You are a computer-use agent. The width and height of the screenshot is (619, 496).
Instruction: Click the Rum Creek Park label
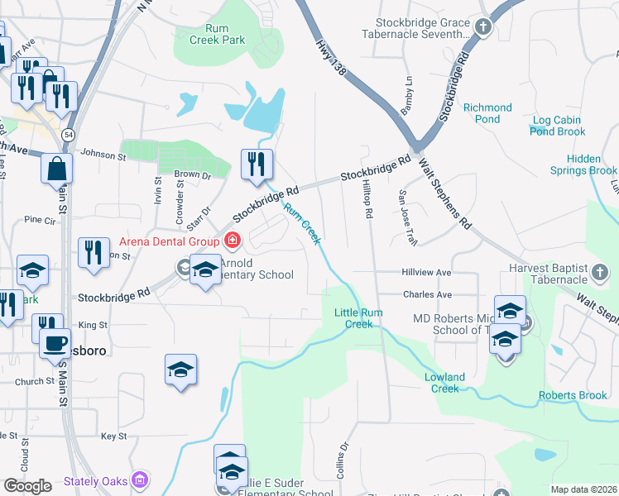217,34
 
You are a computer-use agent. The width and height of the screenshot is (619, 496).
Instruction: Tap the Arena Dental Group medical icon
233,241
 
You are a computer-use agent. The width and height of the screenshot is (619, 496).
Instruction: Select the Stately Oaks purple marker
141,479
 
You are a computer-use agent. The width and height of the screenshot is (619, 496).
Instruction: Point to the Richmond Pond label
487,113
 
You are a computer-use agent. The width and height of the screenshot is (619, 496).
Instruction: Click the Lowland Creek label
445,383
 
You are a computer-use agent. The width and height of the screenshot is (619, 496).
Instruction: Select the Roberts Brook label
573,396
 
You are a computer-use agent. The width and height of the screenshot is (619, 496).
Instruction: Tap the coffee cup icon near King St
55,341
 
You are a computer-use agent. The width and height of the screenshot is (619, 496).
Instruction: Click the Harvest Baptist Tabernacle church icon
601,270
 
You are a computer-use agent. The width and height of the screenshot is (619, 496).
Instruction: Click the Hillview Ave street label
426,272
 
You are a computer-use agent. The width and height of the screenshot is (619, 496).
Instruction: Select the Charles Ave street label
427,294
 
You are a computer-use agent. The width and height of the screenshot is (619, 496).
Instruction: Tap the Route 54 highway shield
68,134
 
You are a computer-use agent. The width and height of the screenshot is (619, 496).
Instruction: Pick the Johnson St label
98,153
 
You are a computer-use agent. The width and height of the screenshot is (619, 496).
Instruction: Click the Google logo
28,486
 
